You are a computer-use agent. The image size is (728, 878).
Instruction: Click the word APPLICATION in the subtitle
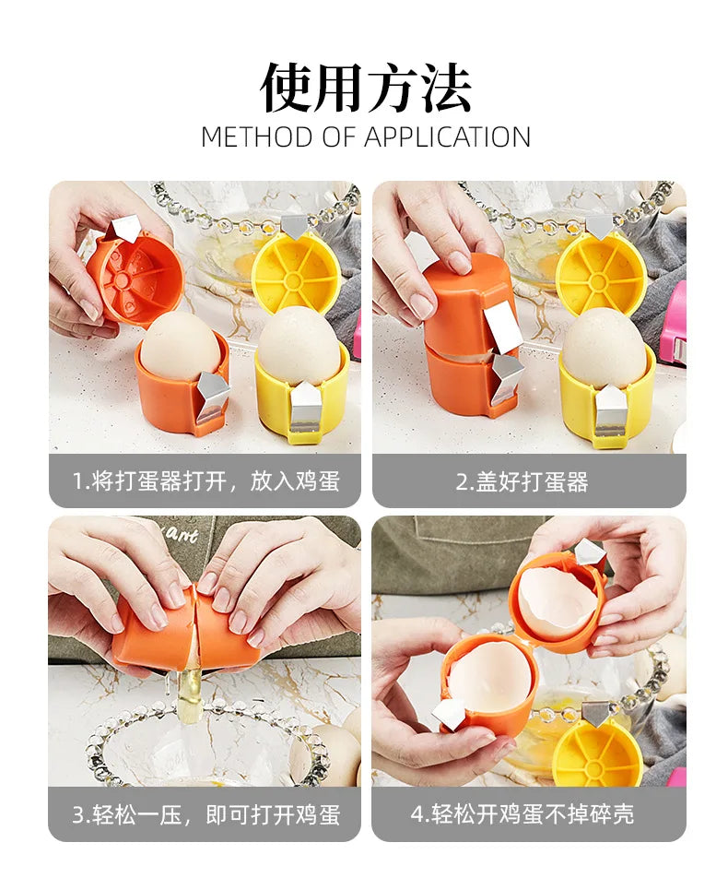click(447, 137)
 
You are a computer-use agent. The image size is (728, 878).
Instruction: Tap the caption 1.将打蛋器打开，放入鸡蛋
click(205, 481)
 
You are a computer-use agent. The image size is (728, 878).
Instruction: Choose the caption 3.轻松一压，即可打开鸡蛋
click(205, 813)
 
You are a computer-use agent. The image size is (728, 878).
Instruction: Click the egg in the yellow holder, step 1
click(297, 350)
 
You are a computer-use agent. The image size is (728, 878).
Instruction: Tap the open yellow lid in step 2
click(601, 271)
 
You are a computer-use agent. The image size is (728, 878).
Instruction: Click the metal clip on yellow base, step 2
click(610, 409)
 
